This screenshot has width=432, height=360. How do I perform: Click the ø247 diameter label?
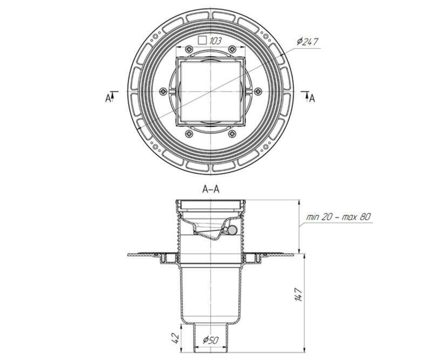point(307,42)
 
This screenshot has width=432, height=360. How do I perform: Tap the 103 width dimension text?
point(215,42)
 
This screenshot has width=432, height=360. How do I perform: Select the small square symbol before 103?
point(202,40)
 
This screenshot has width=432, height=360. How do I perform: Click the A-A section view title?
point(211,189)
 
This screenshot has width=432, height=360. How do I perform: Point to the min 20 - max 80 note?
point(339,217)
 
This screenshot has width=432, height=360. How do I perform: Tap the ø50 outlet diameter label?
point(211,341)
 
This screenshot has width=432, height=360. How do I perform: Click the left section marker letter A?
point(107,98)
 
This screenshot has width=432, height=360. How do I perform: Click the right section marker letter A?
point(312,98)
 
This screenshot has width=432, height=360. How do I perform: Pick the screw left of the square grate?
point(164,91)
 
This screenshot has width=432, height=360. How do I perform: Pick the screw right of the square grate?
point(258,91)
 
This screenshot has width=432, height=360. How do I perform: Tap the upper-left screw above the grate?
point(190,49)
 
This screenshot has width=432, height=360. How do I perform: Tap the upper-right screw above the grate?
point(233,49)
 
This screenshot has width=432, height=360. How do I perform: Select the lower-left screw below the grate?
point(190,134)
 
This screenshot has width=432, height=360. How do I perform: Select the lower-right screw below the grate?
point(233,134)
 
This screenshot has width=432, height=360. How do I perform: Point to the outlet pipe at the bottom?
point(211,338)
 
